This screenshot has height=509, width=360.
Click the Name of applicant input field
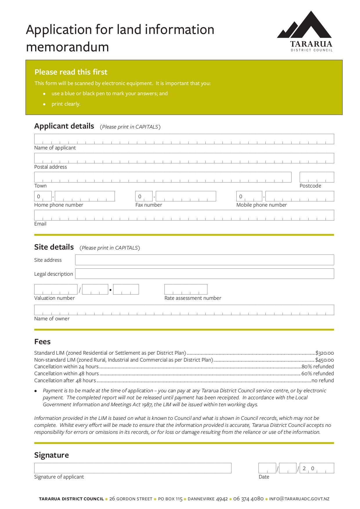click(x=184, y=139)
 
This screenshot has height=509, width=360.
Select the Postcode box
click(x=316, y=177)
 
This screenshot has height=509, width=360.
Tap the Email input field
click(x=184, y=215)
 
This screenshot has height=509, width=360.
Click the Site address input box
click(x=204, y=260)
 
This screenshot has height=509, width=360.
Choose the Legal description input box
click(x=204, y=274)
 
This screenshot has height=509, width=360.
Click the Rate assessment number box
click(x=186, y=289)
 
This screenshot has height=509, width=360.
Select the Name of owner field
click(x=184, y=310)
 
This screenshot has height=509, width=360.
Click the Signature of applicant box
click(x=133, y=468)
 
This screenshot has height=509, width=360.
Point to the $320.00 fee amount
click(x=325, y=353)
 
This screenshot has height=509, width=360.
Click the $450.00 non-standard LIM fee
click(x=324, y=360)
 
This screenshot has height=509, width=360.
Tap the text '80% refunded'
click(x=318, y=367)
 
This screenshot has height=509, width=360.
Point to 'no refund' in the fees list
click(x=323, y=380)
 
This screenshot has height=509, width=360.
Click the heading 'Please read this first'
click(x=71, y=72)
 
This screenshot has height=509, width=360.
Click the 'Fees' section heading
click(x=42, y=342)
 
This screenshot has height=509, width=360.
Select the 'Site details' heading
click(x=54, y=247)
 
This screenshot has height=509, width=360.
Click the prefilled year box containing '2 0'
click(x=316, y=468)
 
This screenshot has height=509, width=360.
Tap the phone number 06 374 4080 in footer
click(x=248, y=499)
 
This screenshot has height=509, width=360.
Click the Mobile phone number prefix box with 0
click(x=249, y=196)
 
